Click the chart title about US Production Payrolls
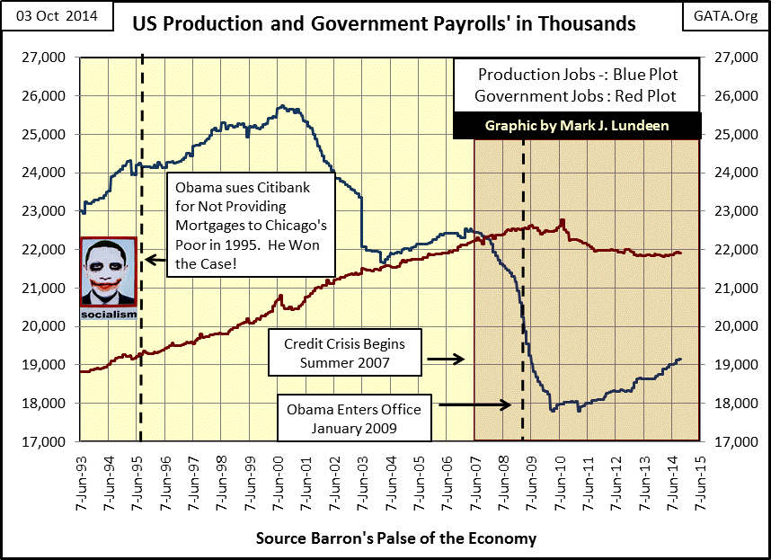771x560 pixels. pos(384,22)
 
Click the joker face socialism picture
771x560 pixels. pos(109,280)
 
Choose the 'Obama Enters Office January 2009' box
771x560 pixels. pos(354,418)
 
